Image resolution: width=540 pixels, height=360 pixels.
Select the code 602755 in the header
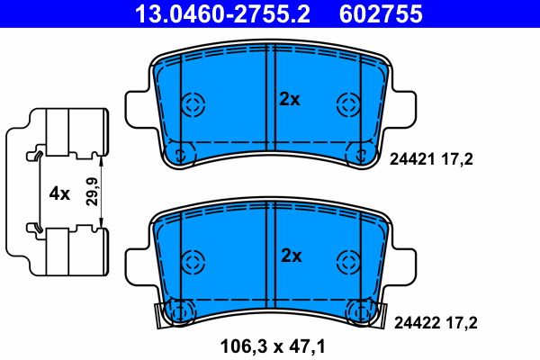coord(381,14)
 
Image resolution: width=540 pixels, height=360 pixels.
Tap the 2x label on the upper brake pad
coord(289,100)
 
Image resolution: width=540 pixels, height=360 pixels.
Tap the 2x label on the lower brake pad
coord(289,256)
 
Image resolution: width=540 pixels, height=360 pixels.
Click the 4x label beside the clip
coord(58,193)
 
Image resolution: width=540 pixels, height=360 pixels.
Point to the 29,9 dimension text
coord(90,193)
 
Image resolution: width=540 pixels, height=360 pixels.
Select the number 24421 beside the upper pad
coord(408,158)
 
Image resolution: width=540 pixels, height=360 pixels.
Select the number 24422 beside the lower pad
coord(408,321)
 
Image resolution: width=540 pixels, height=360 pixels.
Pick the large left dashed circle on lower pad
coord(193,262)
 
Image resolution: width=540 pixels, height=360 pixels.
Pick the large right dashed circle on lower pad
coord(346,262)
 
